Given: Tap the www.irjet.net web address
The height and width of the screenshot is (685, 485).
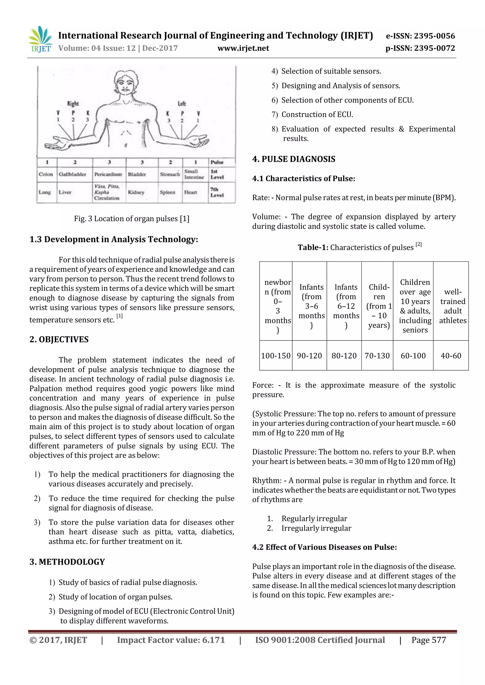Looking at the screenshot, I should pos(243,48).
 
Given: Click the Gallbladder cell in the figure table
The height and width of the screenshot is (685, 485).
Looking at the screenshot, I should pos(72,174).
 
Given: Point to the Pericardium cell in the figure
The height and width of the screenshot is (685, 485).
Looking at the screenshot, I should pos(108,174).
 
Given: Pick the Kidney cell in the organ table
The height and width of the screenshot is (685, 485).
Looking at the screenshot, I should pos(136,192).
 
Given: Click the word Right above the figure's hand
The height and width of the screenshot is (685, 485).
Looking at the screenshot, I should pos(73,104).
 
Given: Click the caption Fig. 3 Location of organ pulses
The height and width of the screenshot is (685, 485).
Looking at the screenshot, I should pos(131,219).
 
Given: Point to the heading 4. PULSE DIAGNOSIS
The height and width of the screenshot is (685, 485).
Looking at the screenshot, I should pos(294,159).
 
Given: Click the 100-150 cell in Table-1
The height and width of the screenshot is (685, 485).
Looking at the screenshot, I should pos(276,356).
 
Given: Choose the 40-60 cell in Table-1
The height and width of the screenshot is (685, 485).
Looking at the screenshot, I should pos(451,356).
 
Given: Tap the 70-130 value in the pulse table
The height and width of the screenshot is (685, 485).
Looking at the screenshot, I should pos(377,356).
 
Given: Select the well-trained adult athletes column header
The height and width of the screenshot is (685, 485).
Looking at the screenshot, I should pos(453,306).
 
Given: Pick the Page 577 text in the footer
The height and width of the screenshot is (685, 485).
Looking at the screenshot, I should pos(429,640).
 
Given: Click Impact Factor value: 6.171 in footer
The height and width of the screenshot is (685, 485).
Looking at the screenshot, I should pos(171,640).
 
